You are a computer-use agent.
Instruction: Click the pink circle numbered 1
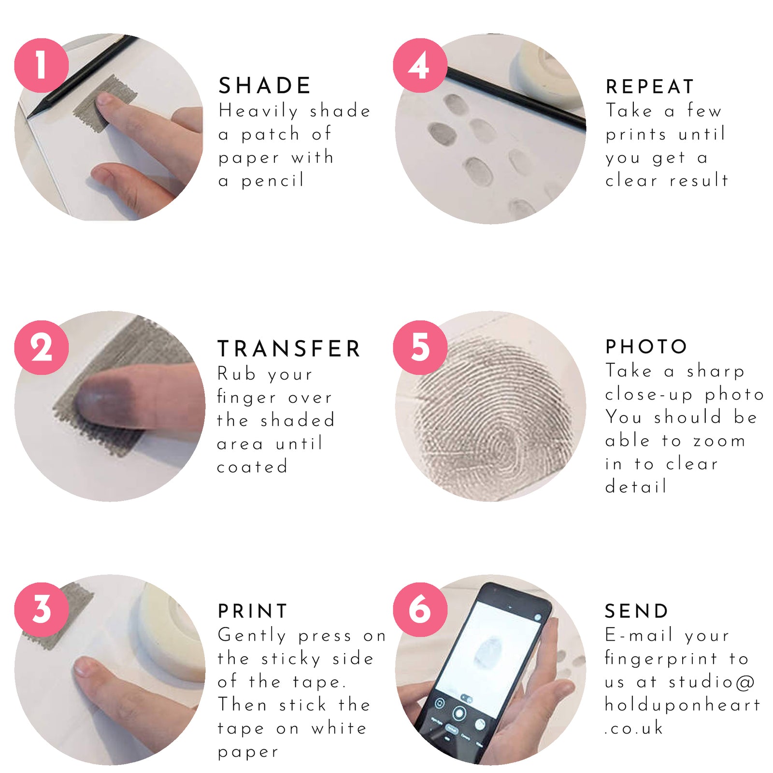pyautogui.click(x=42, y=65)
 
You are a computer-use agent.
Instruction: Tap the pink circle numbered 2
pyautogui.click(x=42, y=347)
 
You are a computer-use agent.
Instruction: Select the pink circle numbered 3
pyautogui.click(x=42, y=609)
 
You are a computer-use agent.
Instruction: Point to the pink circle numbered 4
pyautogui.click(x=420, y=65)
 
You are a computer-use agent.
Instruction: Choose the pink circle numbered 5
pyautogui.click(x=420, y=347)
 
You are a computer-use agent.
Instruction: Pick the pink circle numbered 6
pyautogui.click(x=420, y=609)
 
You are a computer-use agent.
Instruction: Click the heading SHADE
pyautogui.click(x=265, y=86)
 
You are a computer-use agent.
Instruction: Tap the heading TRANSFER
pyautogui.click(x=289, y=348)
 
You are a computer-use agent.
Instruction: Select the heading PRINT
pyautogui.click(x=253, y=611)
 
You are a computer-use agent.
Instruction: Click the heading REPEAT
pyautogui.click(x=650, y=86)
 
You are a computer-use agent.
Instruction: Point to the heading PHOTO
pyautogui.click(x=646, y=346)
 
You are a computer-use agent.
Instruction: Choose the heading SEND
pyautogui.click(x=636, y=611)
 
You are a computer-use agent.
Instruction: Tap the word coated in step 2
pyautogui.click(x=252, y=467)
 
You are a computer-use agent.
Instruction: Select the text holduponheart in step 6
pyautogui.click(x=683, y=705)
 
